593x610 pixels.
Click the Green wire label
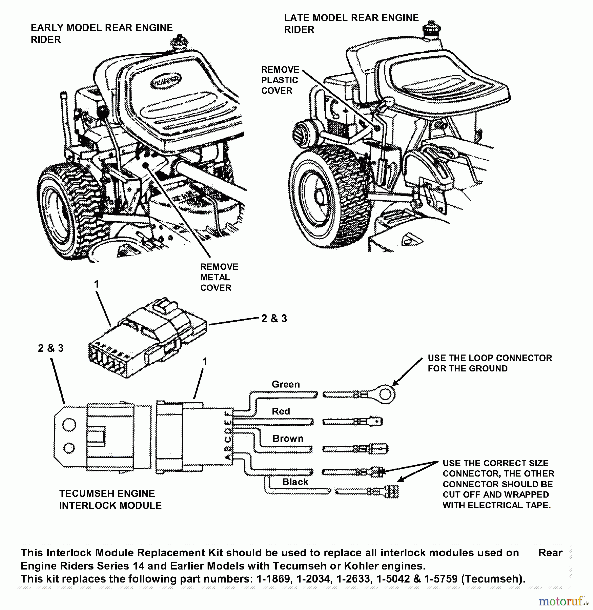[286, 384]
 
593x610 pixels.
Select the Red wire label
[281, 411]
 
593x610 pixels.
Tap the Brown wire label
[288, 439]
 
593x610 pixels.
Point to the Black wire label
[295, 482]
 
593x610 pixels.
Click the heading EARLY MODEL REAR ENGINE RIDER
[101, 34]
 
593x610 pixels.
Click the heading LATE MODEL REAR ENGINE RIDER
[351, 23]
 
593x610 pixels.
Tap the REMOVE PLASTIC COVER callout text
[280, 80]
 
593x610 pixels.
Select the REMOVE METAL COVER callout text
[219, 277]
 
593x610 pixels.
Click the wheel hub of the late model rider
[319, 197]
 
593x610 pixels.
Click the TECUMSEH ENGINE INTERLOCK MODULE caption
[110, 500]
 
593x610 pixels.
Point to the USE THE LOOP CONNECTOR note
[490, 363]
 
